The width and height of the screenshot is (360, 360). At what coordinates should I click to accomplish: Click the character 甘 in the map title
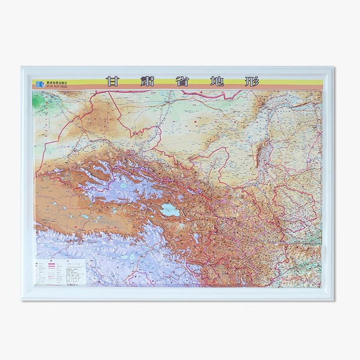pyautogui.click(x=112, y=83)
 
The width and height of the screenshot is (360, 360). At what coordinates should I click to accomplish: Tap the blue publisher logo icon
pyautogui.click(x=36, y=83)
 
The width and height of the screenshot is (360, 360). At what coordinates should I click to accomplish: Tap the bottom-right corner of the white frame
pyautogui.click(x=338, y=300)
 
